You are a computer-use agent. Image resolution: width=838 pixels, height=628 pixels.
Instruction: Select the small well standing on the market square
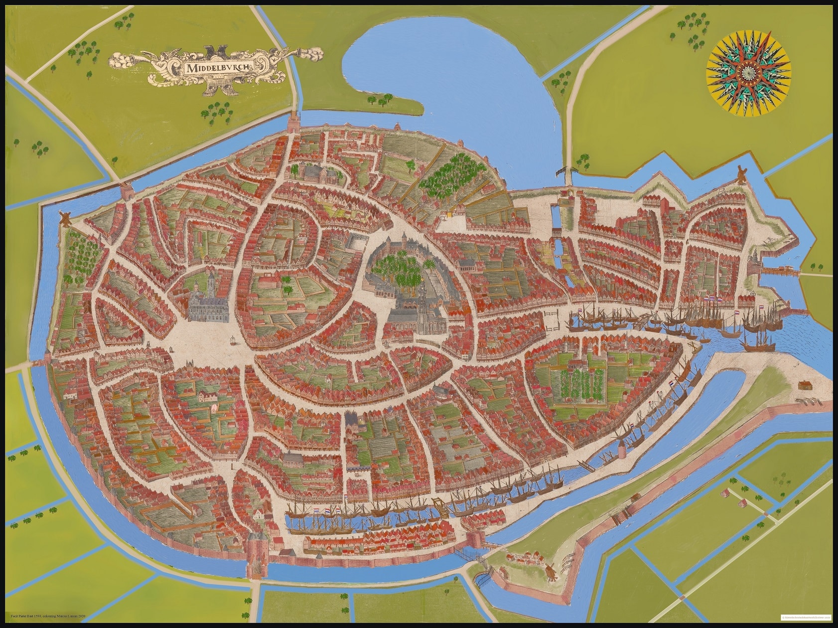tap(232, 340)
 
